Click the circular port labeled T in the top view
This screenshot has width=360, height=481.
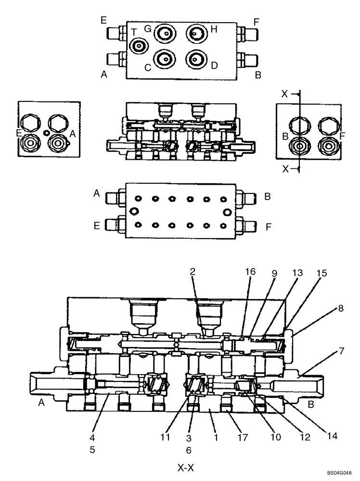(139, 47)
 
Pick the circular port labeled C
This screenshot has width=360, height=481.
(165, 59)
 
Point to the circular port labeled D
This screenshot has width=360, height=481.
(196, 59)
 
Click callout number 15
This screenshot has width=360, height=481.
(321, 273)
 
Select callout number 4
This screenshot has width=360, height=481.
(92, 438)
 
